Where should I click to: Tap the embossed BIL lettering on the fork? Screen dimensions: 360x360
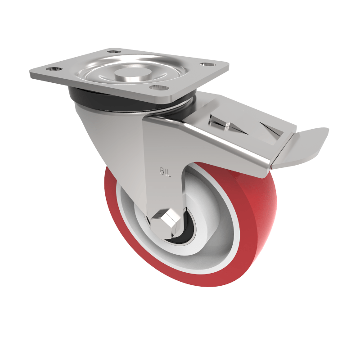[x=164, y=171]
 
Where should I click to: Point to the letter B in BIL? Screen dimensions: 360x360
[x=160, y=171]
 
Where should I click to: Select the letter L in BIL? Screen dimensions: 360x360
[x=168, y=171]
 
